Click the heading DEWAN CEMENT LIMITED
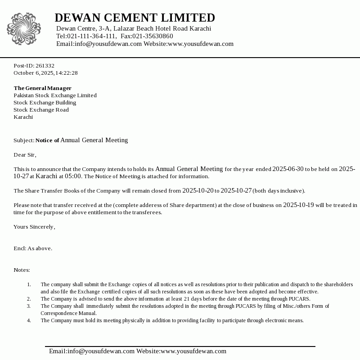135,18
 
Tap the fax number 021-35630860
153,36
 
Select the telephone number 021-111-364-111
91,36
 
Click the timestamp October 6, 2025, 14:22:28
45,73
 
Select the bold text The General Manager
42,88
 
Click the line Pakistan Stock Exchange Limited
55,95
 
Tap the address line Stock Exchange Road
41,110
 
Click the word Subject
23,140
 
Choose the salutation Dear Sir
24,155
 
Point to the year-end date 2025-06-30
288,169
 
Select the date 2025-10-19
298,205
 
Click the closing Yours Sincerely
34,227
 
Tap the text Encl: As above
33,248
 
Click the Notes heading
22,270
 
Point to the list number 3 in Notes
29,306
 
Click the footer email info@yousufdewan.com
92,351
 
